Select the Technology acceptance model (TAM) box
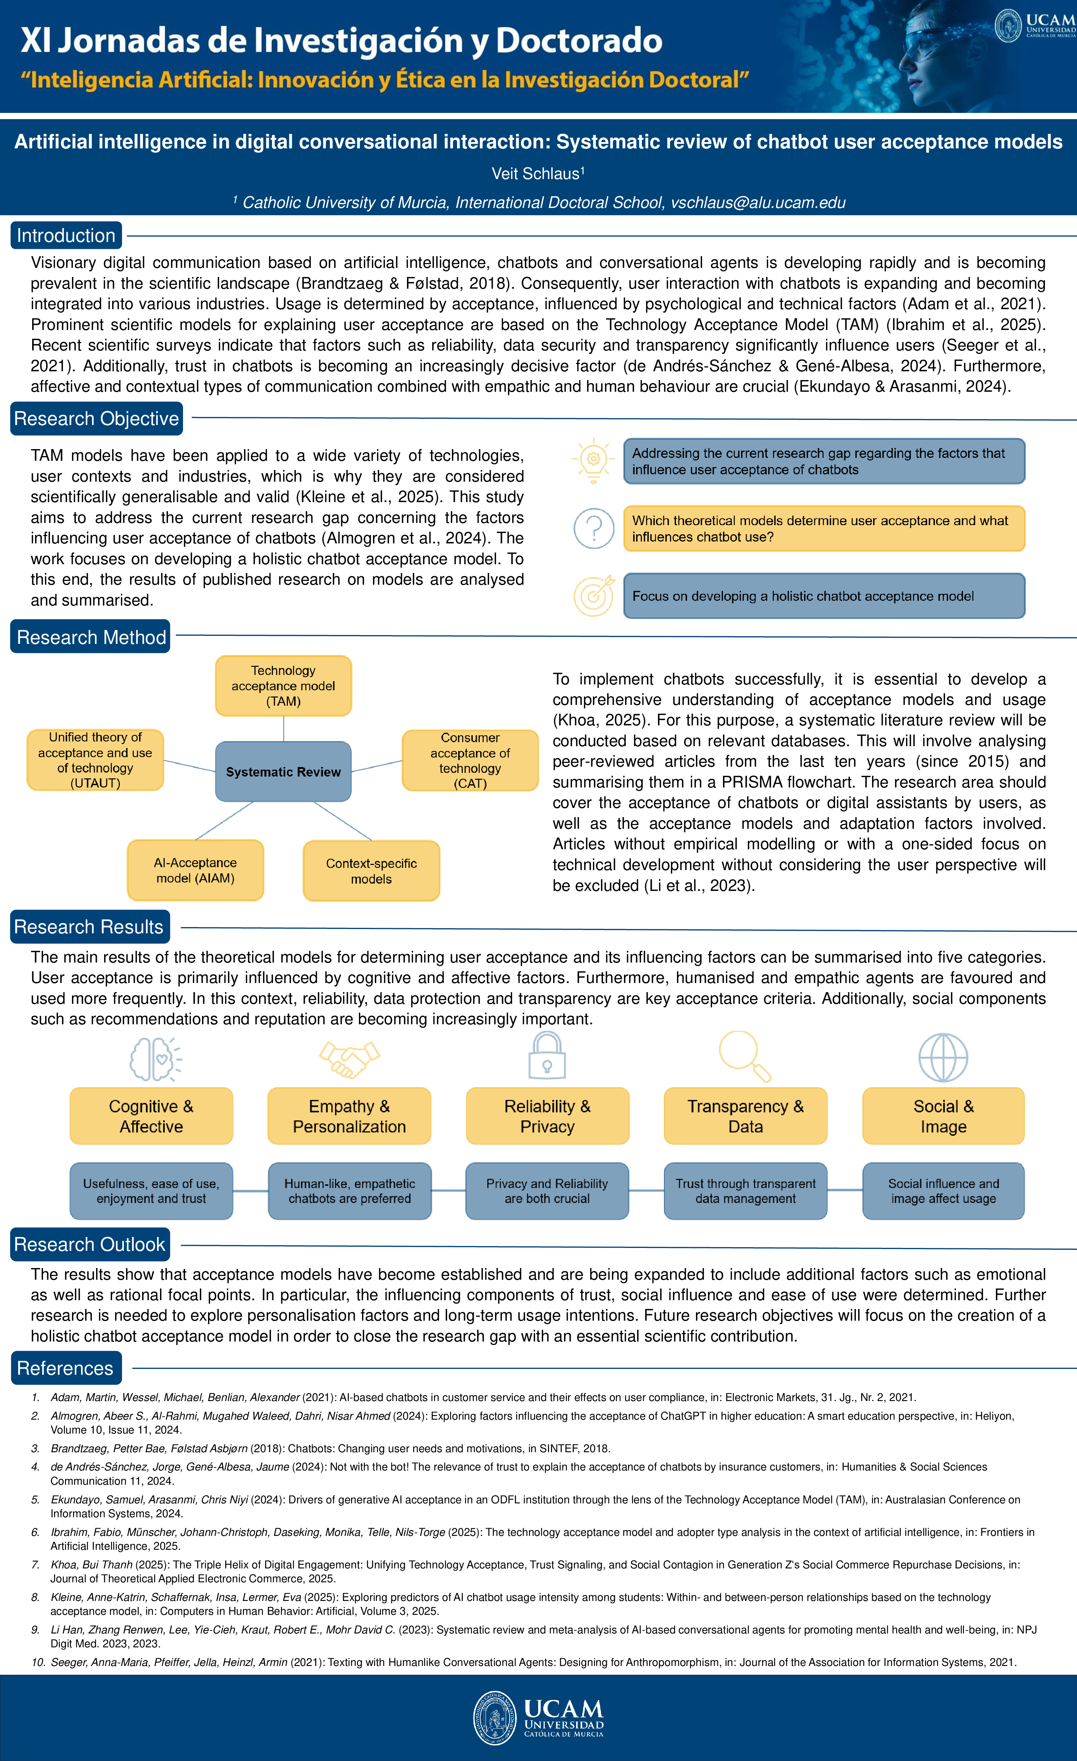[283, 686]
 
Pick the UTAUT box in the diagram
[95, 760]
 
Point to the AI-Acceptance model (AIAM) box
[195, 870]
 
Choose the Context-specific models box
[371, 870]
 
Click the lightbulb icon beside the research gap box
[593, 460]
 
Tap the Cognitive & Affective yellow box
[151, 1116]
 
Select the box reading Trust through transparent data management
[745, 1191]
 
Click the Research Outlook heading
[90, 1244]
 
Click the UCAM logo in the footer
[538, 1718]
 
